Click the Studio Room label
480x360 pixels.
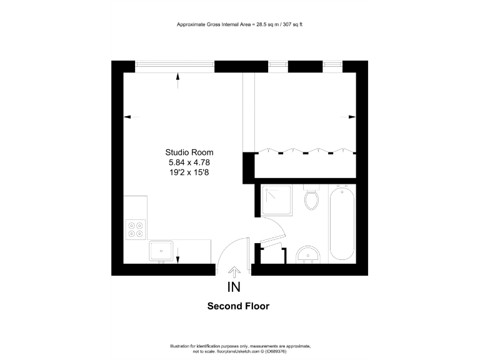189,152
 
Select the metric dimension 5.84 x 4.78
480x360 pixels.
189,162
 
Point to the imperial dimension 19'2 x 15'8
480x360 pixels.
189,172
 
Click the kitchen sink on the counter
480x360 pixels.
161,251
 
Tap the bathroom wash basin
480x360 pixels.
307,254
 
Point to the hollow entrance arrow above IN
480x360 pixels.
234,272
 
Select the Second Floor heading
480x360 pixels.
238,307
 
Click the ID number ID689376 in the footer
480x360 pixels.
275,351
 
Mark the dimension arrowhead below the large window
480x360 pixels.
178,77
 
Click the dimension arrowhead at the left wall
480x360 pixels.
127,116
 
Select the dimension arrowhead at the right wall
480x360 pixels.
352,117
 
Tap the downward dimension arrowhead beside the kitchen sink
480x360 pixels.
178,259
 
